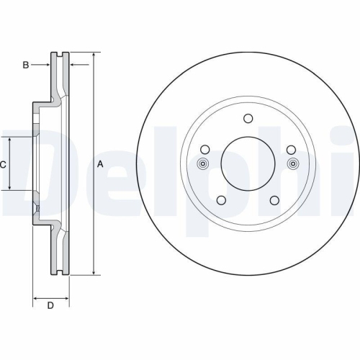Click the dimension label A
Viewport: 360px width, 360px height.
click(x=101, y=164)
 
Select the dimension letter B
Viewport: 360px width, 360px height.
click(x=25, y=66)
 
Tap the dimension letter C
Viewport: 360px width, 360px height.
click(x=3, y=164)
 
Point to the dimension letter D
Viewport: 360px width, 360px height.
click(x=50, y=306)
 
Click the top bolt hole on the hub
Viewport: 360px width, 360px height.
click(x=248, y=120)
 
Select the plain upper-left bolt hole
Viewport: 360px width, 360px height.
click(x=204, y=150)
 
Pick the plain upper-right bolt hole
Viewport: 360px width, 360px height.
click(x=291, y=150)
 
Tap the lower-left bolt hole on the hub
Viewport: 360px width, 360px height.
click(x=221, y=200)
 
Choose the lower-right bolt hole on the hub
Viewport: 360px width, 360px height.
click(x=274, y=200)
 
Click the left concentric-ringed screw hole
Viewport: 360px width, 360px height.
click(x=203, y=163)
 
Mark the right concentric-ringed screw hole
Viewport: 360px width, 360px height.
click(x=292, y=163)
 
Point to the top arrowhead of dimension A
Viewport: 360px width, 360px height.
click(x=94, y=55)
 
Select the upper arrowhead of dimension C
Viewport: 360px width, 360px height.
click(x=9, y=140)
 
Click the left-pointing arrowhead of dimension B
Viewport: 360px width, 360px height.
click(x=73, y=66)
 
